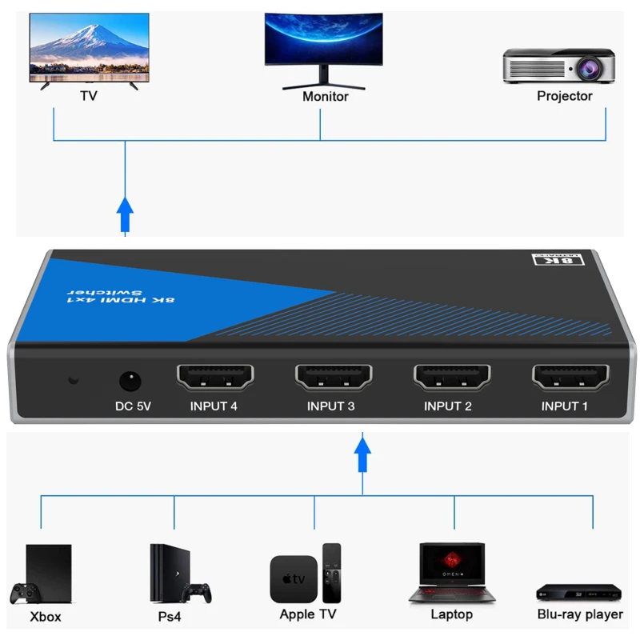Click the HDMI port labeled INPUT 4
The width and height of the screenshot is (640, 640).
[214, 376]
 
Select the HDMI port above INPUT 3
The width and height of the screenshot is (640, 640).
[332, 376]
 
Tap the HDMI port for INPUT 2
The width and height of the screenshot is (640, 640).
[450, 376]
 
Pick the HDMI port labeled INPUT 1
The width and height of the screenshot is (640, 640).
[569, 376]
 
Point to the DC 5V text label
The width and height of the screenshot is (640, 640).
[133, 406]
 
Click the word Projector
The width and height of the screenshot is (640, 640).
[564, 96]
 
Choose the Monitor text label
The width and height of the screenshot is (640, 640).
[325, 97]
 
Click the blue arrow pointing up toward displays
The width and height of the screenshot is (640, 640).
[125, 212]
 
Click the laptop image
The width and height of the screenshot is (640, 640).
[452, 571]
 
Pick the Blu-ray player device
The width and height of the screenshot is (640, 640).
[578, 592]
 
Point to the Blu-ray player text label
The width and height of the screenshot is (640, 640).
[579, 614]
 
